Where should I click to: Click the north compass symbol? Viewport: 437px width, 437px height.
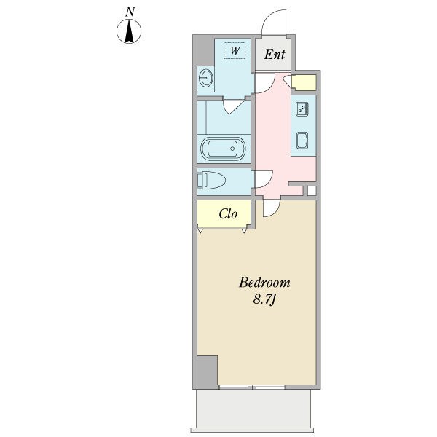tap(129, 31)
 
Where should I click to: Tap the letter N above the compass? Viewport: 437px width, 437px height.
tap(130, 12)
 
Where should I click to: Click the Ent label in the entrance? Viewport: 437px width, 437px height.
tap(275, 55)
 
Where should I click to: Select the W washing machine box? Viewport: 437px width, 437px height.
tap(235, 50)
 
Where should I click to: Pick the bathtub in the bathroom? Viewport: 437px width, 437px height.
tap(224, 149)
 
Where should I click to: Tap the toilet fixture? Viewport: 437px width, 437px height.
tap(211, 181)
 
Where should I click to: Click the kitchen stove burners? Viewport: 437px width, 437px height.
tap(302, 109)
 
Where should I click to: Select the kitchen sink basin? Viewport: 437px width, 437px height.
tap(302, 140)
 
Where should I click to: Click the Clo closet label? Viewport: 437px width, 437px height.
tap(228, 214)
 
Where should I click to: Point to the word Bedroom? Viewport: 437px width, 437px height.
tap(264, 283)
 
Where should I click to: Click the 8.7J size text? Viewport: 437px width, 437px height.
tap(264, 299)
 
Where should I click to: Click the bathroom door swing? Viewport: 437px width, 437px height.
tap(234, 108)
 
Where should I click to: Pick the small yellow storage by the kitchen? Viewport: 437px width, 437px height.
tap(304, 82)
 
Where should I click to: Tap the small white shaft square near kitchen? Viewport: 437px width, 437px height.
tap(312, 191)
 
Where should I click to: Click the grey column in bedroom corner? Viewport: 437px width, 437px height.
tap(205, 371)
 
